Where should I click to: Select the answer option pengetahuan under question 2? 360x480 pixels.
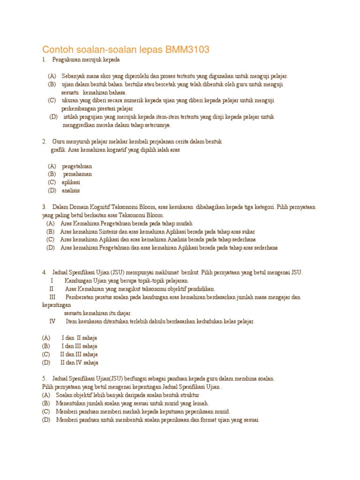coord(77,166)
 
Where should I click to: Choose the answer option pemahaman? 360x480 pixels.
coord(77,174)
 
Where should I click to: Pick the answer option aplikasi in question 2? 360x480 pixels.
coord(71,182)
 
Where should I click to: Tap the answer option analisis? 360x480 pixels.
coord(71,191)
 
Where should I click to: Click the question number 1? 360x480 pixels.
coord(44,60)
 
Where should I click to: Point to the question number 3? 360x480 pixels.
coord(44,207)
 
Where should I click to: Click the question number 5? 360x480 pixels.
coord(44,379)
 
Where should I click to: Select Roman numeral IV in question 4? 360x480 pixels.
coord(52,322)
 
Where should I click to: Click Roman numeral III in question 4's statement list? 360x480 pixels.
coord(52,297)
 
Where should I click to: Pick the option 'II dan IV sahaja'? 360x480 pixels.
coord(79,363)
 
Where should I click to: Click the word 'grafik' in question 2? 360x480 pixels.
coord(58,150)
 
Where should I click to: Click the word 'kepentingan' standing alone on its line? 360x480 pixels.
coord(56,305)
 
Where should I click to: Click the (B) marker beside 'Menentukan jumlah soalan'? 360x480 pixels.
coord(46,404)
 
